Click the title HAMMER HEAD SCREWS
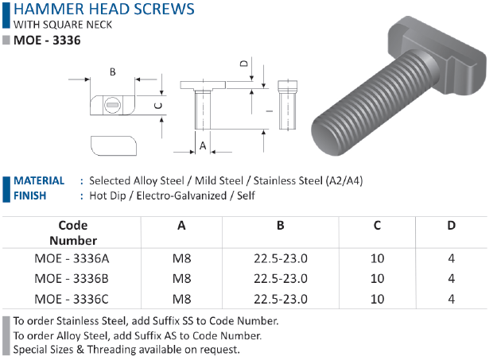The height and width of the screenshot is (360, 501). (104, 9)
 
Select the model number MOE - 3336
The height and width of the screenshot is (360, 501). (47, 41)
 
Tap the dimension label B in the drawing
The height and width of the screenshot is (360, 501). (112, 72)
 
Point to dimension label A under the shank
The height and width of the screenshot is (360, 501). (203, 146)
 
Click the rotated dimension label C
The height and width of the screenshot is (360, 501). (158, 106)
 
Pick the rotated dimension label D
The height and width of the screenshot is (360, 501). (244, 64)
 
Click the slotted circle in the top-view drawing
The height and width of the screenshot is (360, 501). (112, 105)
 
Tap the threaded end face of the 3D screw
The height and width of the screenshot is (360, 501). (328, 137)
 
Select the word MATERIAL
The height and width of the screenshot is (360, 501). (39, 181)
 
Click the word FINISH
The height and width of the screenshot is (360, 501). (29, 195)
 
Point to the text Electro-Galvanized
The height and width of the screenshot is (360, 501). (181, 195)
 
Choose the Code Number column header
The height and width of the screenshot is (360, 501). (73, 233)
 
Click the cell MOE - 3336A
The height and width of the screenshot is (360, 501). (72, 258)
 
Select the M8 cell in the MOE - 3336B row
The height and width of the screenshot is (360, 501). (181, 279)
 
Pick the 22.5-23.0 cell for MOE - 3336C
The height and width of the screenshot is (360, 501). (281, 299)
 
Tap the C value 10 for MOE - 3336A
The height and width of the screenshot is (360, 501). (377, 258)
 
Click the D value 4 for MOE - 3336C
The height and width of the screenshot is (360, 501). (451, 299)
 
